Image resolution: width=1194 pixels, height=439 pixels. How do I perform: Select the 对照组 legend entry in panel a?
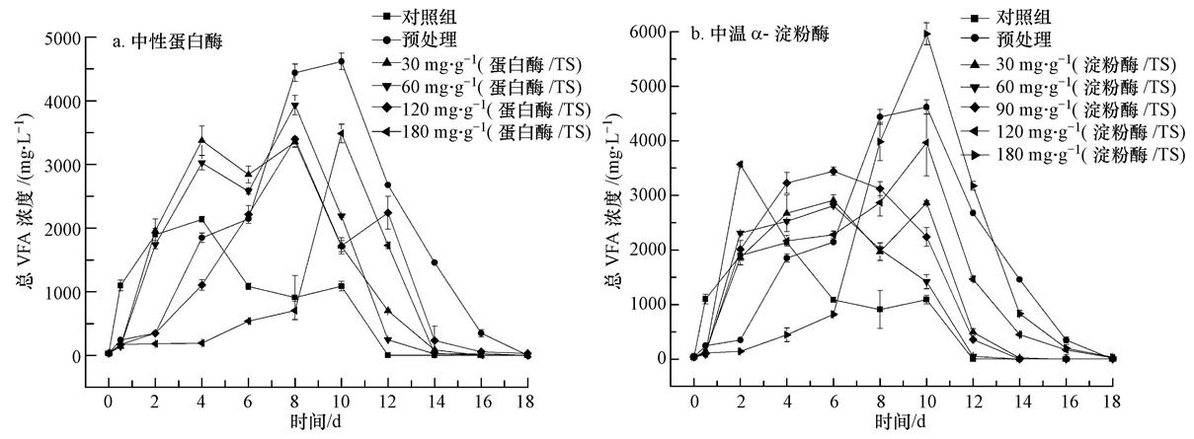point(430,17)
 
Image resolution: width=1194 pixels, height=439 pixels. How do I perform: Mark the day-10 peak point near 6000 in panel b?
point(926,34)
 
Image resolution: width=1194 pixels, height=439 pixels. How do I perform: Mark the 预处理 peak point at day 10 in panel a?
point(341,61)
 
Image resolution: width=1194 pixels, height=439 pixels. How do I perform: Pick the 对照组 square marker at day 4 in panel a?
point(200,219)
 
